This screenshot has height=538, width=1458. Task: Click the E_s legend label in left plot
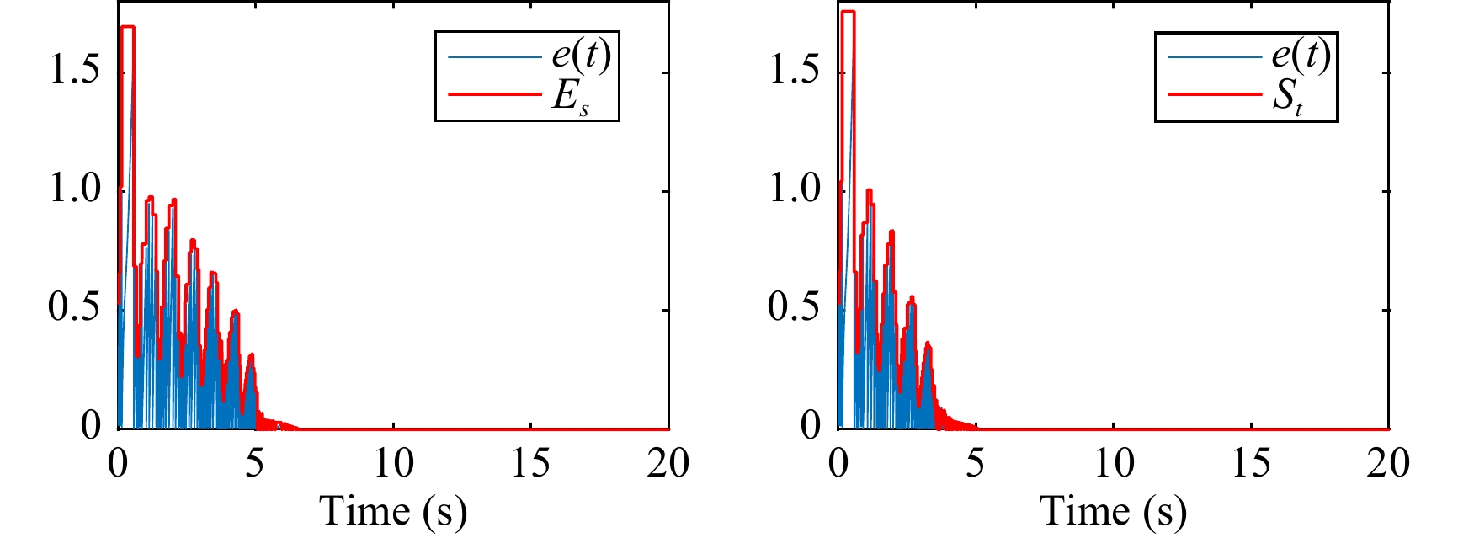point(570,96)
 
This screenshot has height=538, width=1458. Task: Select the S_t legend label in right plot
point(1288,96)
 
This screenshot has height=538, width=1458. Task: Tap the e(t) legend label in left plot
point(580,56)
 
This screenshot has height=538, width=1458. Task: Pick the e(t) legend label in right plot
point(1300,56)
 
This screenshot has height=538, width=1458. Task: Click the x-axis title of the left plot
point(392,511)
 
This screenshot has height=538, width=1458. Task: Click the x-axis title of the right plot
point(1113,511)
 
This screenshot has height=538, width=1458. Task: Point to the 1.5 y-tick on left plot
point(75,70)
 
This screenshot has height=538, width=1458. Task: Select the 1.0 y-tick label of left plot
point(75,188)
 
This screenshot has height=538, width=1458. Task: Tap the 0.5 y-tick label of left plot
point(75,307)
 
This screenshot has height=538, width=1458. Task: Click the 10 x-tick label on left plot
point(392,463)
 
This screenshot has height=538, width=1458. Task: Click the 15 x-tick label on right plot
point(1251,463)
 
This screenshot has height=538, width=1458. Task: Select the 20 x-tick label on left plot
point(668,463)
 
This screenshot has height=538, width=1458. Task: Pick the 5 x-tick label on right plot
point(975,463)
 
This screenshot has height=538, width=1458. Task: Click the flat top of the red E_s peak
point(128,27)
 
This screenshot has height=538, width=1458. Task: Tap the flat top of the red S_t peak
point(848,12)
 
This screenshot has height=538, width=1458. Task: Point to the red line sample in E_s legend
point(494,94)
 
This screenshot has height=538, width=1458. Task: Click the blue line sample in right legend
point(1214,57)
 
